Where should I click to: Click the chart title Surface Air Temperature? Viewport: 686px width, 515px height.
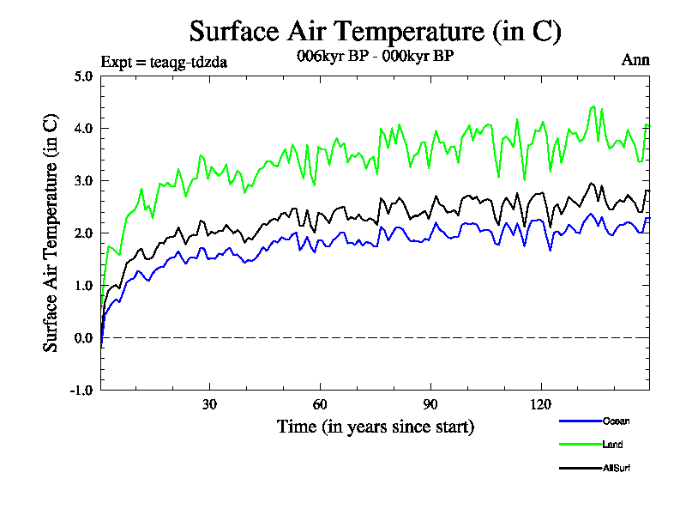(x=375, y=32)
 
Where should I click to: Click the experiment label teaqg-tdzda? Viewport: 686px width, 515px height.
(x=164, y=61)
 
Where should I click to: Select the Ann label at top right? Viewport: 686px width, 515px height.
(x=635, y=60)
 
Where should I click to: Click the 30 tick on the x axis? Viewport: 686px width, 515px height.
(x=209, y=405)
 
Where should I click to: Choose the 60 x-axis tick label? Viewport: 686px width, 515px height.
(x=320, y=405)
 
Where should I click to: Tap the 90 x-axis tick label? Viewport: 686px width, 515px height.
(x=430, y=405)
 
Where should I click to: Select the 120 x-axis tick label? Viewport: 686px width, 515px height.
(x=541, y=405)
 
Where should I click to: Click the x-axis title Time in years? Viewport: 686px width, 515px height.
(x=375, y=427)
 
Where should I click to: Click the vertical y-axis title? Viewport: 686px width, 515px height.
(x=51, y=233)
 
